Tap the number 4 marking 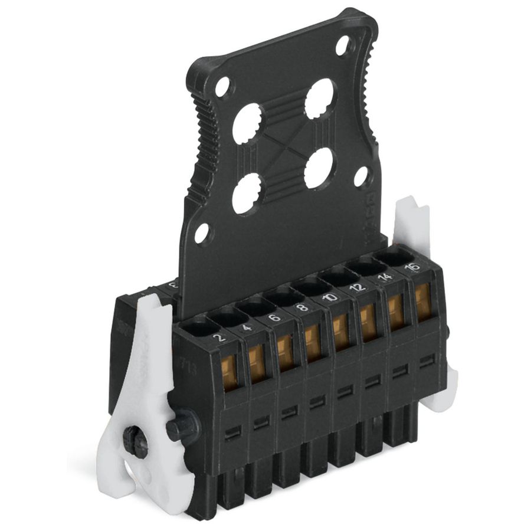click(246, 327)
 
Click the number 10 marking click(330, 297)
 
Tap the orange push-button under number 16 click(422, 300)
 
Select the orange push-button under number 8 click(313, 342)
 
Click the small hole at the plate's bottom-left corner click(202, 233)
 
